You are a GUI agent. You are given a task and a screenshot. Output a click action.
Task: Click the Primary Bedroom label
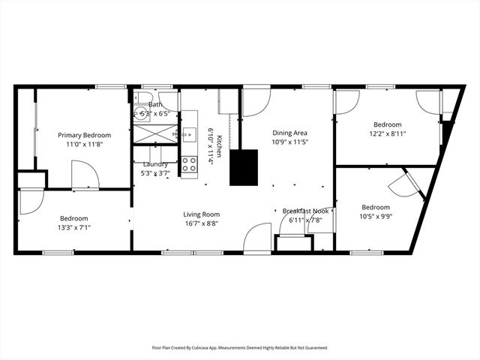click(x=85, y=135)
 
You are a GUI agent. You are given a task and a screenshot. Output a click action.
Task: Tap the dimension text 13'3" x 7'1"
click(x=74, y=228)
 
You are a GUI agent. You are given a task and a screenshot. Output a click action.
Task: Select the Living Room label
click(x=201, y=214)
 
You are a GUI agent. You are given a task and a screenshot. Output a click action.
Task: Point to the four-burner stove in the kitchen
click(x=189, y=163)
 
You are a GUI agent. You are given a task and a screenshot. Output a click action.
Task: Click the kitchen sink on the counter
click(x=188, y=134)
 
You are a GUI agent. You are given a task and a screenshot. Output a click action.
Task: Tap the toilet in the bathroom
click(x=144, y=99)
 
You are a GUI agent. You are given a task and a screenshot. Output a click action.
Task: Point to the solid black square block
click(x=244, y=167)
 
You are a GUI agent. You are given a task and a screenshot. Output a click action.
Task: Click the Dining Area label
click(x=289, y=132)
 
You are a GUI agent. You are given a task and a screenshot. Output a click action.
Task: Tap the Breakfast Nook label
click(x=305, y=211)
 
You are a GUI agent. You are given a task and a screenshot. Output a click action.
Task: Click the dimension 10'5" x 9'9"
click(x=376, y=217)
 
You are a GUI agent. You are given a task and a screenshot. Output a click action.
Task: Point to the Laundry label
click(x=154, y=163)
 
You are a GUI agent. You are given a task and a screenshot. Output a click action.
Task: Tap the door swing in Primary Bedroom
click(x=85, y=175)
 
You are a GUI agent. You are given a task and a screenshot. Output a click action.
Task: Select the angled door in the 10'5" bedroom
click(x=405, y=184)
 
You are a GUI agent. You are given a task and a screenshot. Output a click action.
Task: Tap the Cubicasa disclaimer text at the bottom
click(x=240, y=348)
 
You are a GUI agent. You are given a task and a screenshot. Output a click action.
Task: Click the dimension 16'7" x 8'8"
click(x=201, y=223)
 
